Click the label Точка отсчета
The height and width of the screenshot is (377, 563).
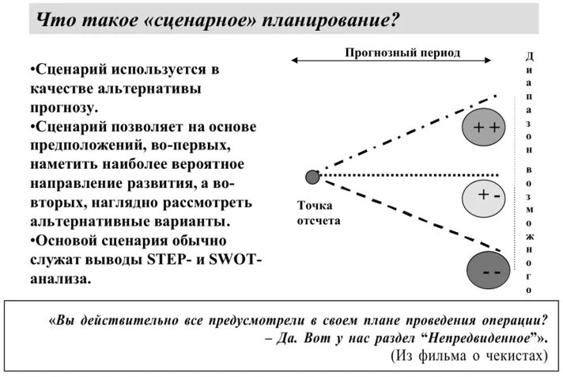pos(318,213)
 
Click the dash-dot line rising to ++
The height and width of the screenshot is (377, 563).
pos(403,135)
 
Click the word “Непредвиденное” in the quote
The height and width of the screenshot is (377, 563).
pos(492,338)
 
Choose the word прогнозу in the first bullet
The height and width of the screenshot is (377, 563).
pos(67,107)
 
